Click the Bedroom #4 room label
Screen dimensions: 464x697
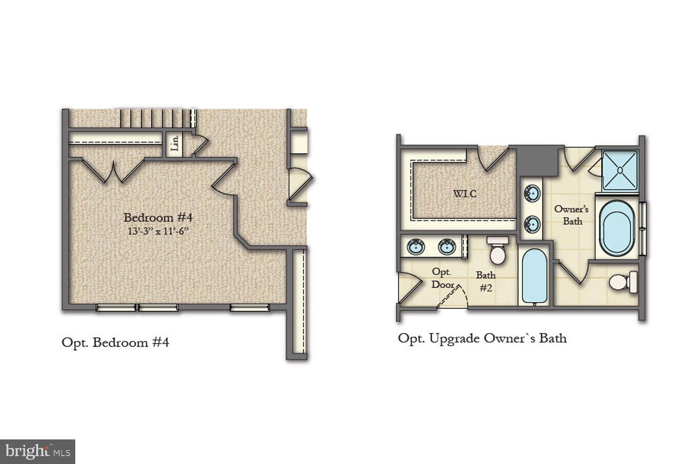pos(158,217)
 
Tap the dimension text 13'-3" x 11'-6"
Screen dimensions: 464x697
pos(158,231)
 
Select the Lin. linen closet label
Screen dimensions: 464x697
pos(175,143)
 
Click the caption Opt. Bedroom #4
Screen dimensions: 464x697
pos(115,342)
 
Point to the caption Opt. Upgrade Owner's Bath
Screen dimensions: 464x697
pos(482,338)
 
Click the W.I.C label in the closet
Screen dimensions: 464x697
pos(465,193)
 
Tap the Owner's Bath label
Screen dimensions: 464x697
pos(572,215)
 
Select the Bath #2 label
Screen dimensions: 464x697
pos(486,281)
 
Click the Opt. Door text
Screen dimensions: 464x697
pos(442,278)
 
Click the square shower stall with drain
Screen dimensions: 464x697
pos(620,170)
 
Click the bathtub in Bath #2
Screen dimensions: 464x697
pos(534,277)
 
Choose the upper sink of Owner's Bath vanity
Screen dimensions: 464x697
pos(532,192)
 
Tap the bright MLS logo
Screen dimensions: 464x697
pos(37,451)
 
